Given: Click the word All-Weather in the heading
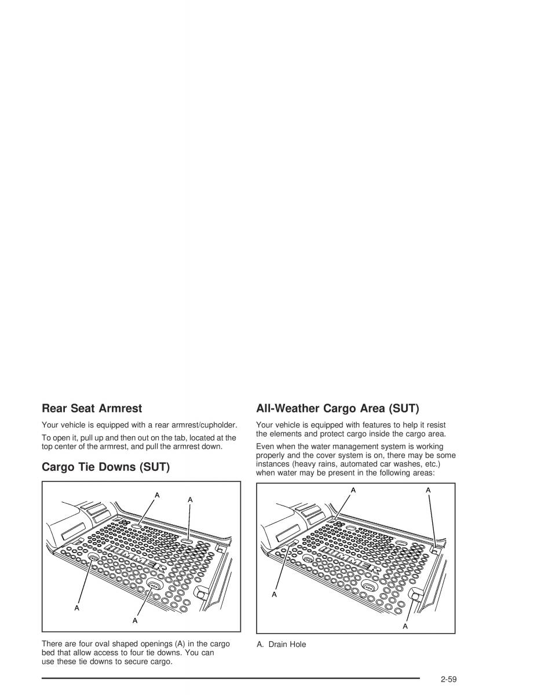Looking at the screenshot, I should [x=289, y=408].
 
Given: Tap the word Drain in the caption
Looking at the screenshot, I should [x=279, y=644].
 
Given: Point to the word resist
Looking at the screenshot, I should [x=435, y=425].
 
